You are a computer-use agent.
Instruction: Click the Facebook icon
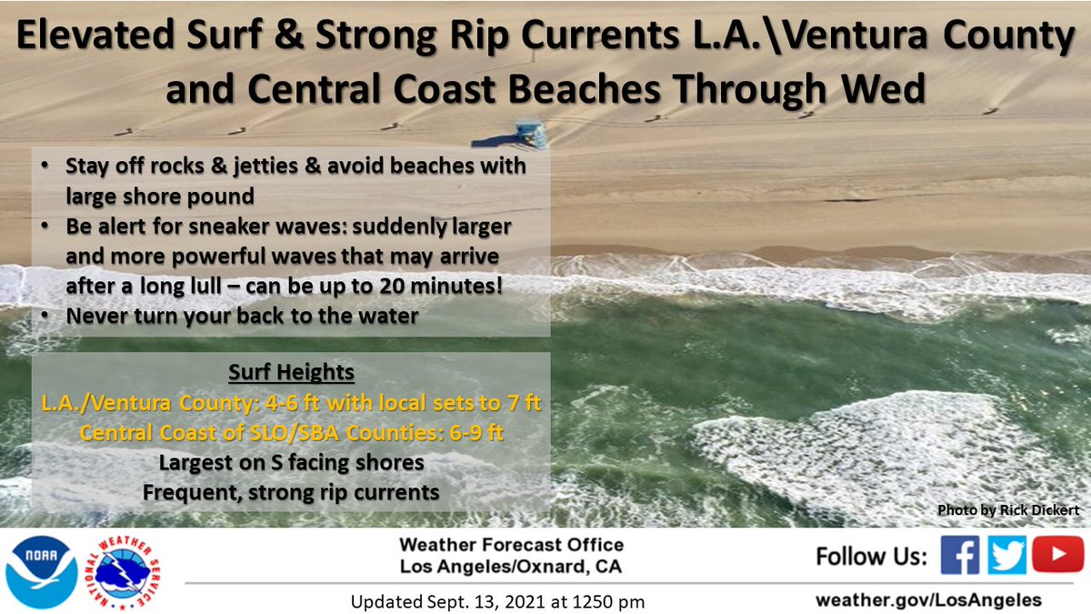click(x=959, y=555)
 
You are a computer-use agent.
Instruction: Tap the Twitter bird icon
click(x=1007, y=555)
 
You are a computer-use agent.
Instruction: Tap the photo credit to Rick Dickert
click(x=1008, y=511)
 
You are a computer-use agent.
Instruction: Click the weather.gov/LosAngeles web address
click(x=928, y=600)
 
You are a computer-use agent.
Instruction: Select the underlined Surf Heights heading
click(x=292, y=374)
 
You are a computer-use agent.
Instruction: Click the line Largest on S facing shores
click(x=291, y=462)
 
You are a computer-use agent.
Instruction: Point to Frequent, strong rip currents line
click(x=291, y=492)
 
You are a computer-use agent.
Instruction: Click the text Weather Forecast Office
click(x=511, y=545)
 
